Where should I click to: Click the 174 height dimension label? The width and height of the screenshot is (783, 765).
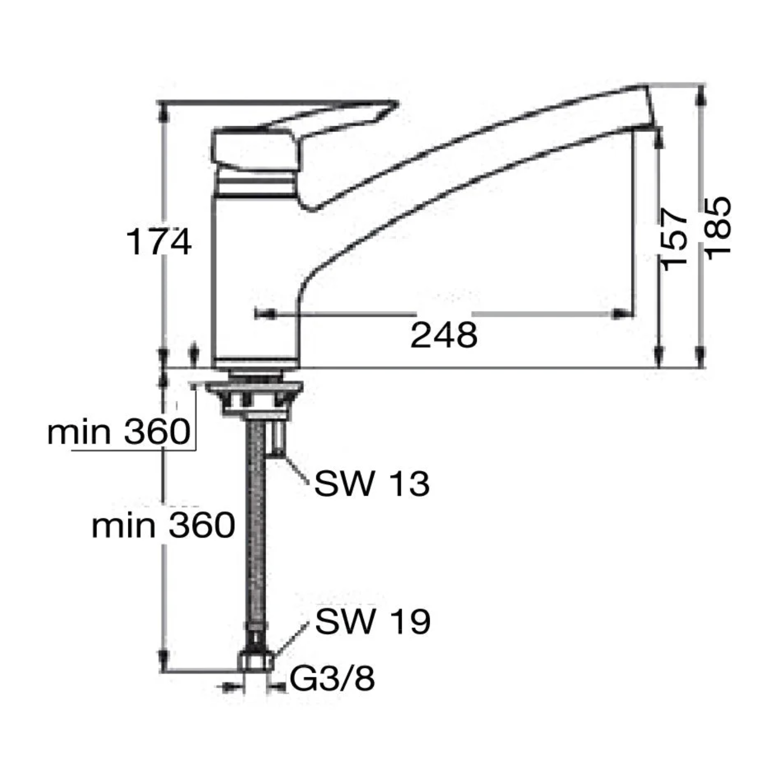click(159, 242)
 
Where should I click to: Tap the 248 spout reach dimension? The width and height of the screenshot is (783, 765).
click(444, 335)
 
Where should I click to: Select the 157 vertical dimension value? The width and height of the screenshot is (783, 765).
click(674, 238)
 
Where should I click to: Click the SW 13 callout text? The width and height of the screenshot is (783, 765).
click(372, 483)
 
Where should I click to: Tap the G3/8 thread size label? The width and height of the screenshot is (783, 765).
click(333, 679)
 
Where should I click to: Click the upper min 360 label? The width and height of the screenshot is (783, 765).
click(119, 432)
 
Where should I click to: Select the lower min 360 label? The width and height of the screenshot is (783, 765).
click(163, 525)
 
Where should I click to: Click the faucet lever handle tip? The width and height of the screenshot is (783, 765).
click(397, 103)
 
